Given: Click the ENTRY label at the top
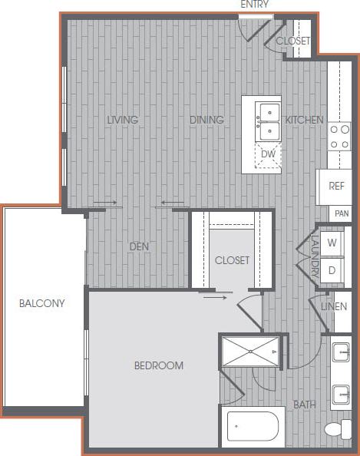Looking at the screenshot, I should coord(254,5).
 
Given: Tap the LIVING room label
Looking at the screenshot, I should coord(123,120).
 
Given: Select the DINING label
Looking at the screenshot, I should coord(206,120).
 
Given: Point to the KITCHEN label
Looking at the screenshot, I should coord(304,120).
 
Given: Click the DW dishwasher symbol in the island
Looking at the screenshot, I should coord(267,154).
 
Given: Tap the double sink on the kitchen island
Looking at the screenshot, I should coord(268,121).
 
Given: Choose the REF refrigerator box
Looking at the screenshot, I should coord(336,186).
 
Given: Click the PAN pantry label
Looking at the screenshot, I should coord(341,213).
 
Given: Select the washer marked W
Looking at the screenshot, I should coord(333,243).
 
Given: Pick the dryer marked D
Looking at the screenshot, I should coord(333,269).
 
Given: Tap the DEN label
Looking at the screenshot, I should coord(138,246).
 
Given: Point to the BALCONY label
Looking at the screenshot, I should coord(41,303).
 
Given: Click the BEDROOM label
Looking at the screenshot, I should coord(159,365).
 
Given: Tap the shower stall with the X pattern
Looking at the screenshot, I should coord(250,352).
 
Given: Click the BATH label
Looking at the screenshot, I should coord(305,405).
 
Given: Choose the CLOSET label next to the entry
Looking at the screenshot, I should coord(292,41).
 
